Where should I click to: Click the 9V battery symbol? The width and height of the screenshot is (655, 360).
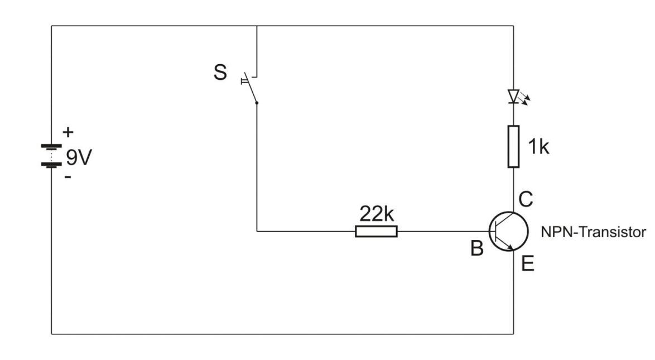52,156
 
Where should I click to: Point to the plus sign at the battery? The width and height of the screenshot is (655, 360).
68,133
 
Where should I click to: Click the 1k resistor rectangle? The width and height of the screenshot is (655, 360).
514,146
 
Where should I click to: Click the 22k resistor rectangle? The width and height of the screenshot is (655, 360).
376,231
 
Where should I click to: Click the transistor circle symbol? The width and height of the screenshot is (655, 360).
508,231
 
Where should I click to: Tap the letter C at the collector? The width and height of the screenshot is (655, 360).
526,198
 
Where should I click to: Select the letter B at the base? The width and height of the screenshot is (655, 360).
476,249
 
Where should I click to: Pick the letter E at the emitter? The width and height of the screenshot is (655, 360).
527,264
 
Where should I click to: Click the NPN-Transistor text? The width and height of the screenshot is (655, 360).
593,232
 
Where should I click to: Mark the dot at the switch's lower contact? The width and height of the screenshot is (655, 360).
256,103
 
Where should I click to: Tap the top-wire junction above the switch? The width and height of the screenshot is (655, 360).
256,26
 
